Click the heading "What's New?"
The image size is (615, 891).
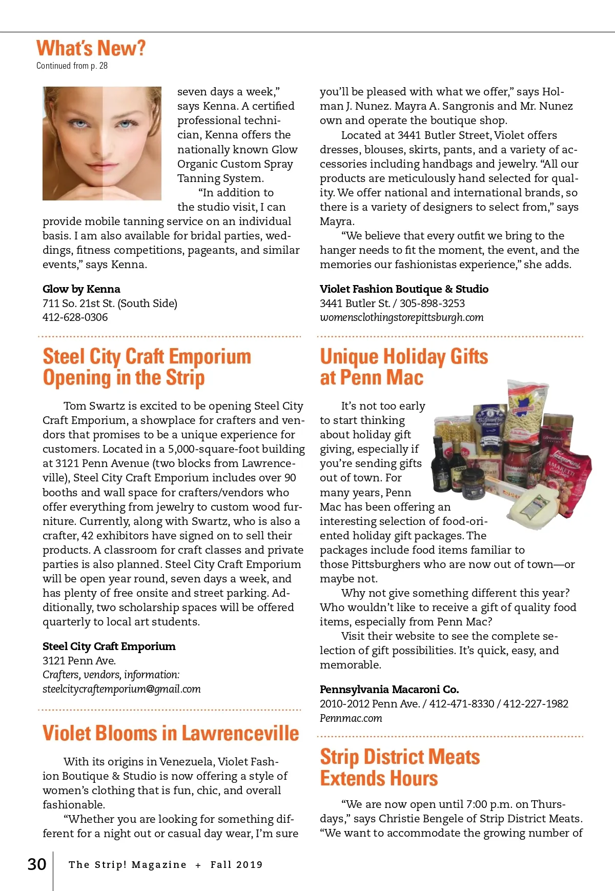(x=91, y=48)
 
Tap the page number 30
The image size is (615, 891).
(x=37, y=864)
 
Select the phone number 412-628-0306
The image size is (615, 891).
(x=75, y=317)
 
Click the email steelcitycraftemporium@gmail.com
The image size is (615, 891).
(x=121, y=689)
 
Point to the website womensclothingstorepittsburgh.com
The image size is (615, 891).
(x=401, y=317)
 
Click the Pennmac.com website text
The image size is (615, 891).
(x=351, y=718)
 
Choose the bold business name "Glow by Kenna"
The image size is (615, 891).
(x=81, y=289)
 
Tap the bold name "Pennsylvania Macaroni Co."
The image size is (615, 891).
(x=389, y=690)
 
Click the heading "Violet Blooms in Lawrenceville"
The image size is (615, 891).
(x=171, y=733)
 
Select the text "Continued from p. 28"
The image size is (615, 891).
(x=72, y=66)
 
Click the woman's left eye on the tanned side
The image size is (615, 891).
(x=125, y=124)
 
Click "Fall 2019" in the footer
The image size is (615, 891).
(x=236, y=865)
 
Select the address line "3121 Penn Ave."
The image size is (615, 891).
(x=79, y=661)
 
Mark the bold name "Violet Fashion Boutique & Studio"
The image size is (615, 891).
(x=404, y=289)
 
